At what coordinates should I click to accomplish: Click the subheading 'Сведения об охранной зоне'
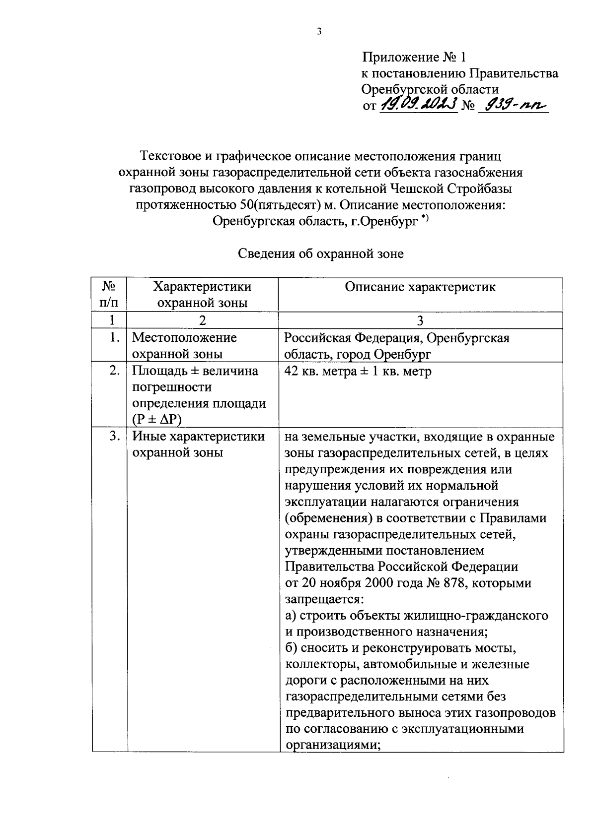321,254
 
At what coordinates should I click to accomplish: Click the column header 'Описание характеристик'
420,287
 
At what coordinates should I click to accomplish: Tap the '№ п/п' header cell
109,294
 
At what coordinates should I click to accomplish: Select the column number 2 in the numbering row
202,320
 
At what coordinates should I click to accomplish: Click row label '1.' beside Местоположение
115,338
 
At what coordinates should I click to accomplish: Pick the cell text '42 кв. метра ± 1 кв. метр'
358,371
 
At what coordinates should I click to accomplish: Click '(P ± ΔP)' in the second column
157,420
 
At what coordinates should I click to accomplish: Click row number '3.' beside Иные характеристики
115,437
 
